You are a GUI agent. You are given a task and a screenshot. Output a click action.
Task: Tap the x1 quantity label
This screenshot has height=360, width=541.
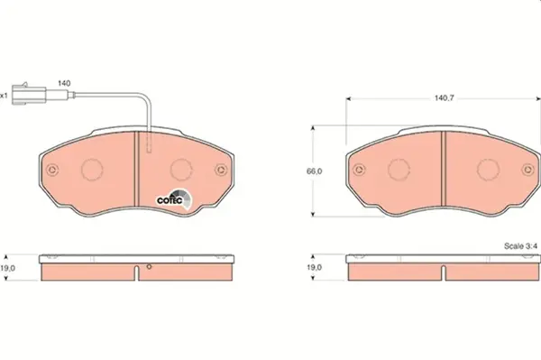[x=5, y=94]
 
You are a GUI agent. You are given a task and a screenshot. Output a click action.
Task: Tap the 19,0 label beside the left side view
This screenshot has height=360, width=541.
[x=9, y=267]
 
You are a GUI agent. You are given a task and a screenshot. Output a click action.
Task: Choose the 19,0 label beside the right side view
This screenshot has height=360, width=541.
[x=314, y=267]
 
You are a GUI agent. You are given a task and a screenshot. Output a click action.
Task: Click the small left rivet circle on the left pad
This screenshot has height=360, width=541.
[x=53, y=169]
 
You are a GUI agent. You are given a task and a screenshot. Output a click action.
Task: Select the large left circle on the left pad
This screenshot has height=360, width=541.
[x=93, y=169]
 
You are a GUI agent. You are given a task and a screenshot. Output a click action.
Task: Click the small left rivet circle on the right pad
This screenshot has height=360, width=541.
[x=359, y=169]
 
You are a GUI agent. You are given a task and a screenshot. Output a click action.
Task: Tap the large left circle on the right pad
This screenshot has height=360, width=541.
[x=398, y=169]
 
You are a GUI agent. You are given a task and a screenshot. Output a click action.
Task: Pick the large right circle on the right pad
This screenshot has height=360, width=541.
[x=488, y=169]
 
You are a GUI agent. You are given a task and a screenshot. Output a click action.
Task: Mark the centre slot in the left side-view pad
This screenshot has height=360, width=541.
[x=137, y=271]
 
